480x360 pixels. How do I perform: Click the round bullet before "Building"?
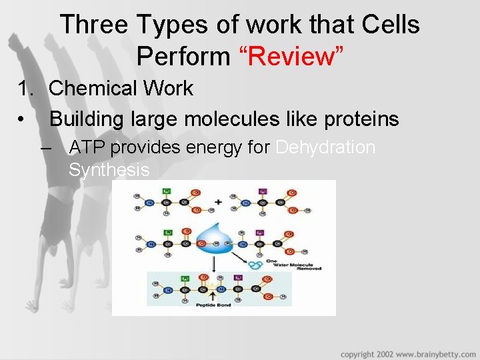pyautogui.click(x=23, y=120)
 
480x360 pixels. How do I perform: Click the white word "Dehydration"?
pyautogui.click(x=325, y=147)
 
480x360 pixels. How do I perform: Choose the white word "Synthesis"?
pyautogui.click(x=109, y=170)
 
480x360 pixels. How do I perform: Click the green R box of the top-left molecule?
pyautogui.click(x=167, y=191)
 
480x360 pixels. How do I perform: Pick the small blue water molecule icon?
pyautogui.click(x=256, y=265)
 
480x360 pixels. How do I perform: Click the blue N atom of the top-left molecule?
pyautogui.click(x=151, y=203)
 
